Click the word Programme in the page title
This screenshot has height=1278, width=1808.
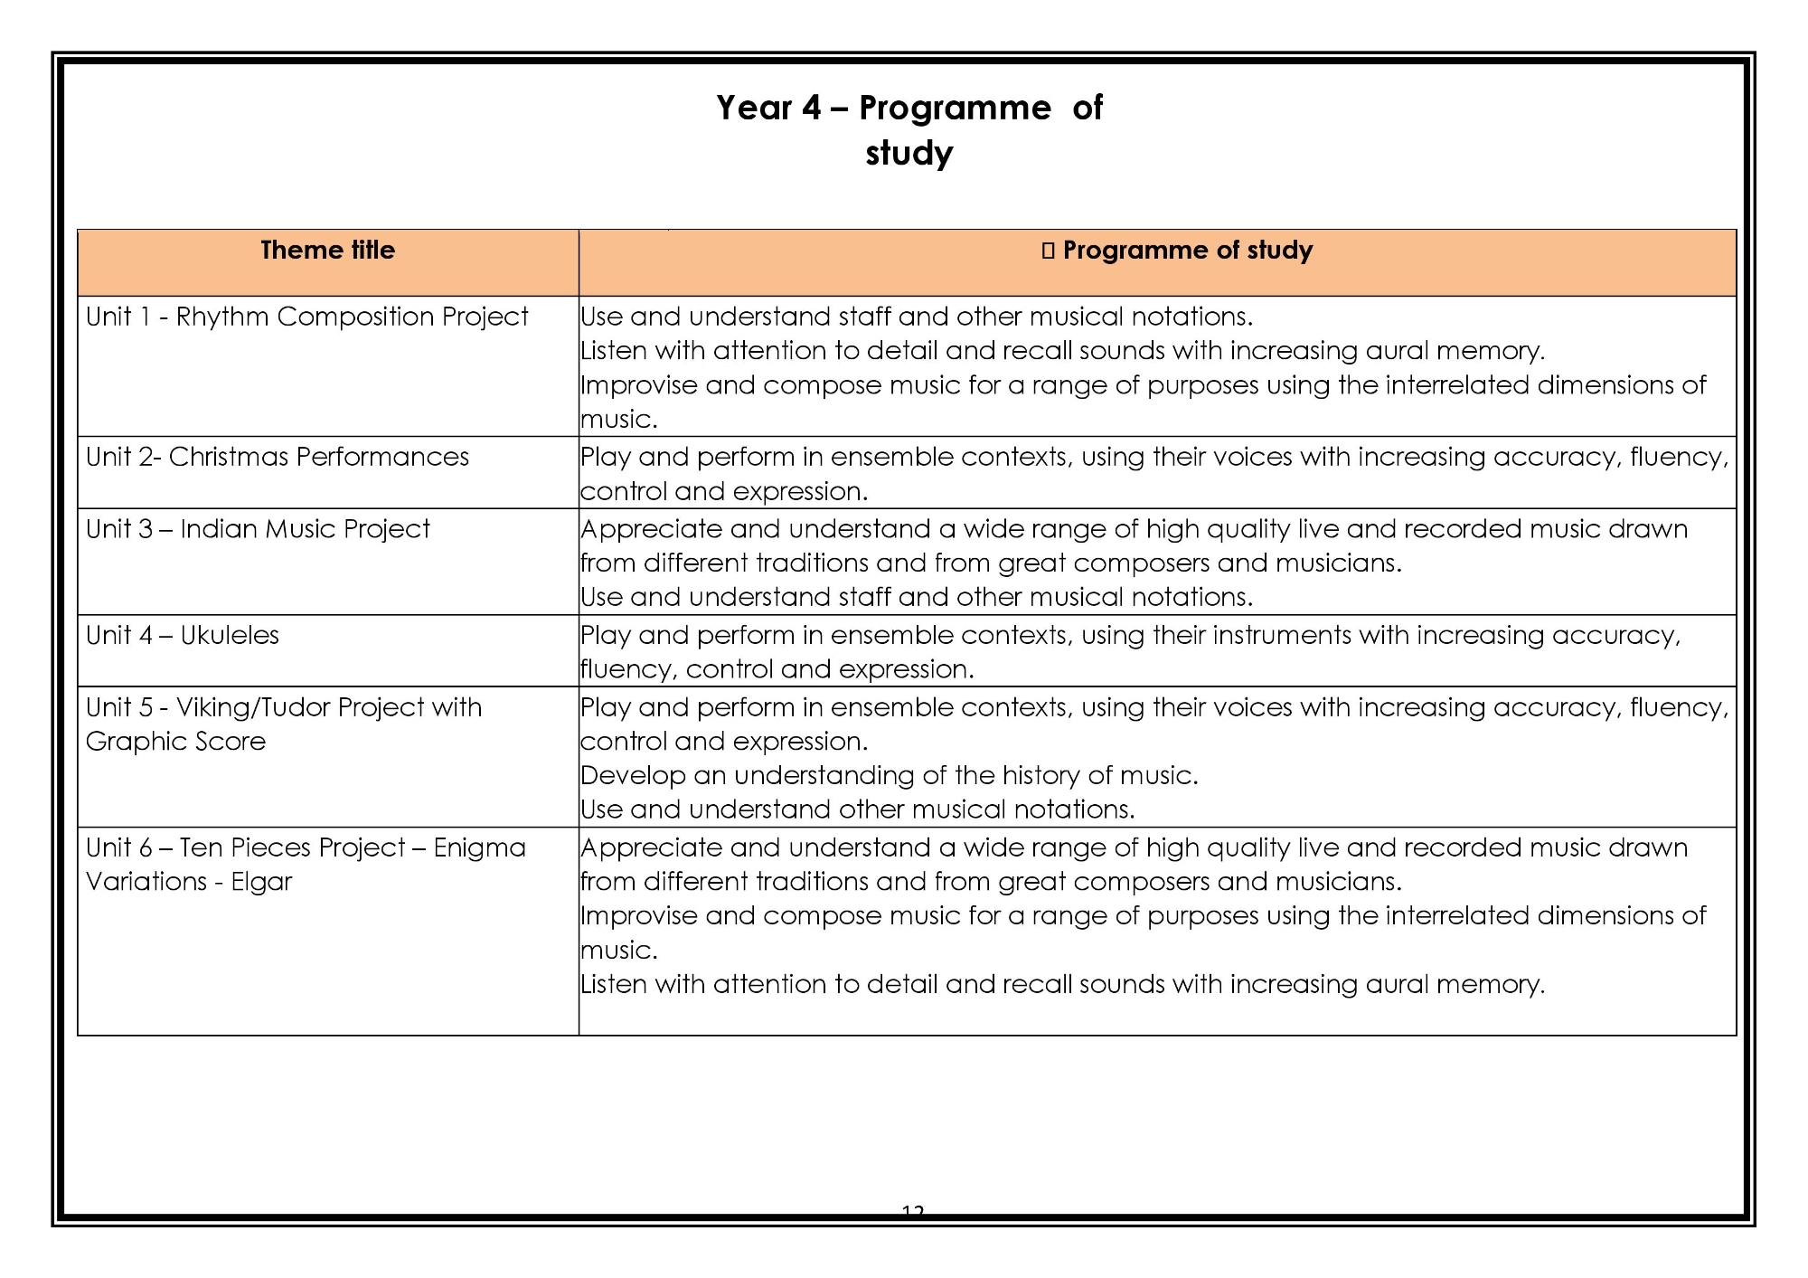pyautogui.click(x=955, y=109)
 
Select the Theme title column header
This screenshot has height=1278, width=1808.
pyautogui.click(x=327, y=251)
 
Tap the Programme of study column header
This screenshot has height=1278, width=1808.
pyautogui.click(x=1187, y=251)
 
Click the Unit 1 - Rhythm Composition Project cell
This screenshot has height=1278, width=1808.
pyautogui.click(x=306, y=317)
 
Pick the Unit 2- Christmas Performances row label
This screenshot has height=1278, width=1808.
pyautogui.click(x=277, y=457)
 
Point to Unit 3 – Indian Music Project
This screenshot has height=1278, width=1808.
pyautogui.click(x=258, y=529)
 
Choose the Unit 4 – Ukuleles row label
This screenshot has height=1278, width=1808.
pyautogui.click(x=182, y=635)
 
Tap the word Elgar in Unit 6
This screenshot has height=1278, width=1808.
pyautogui.click(x=261, y=882)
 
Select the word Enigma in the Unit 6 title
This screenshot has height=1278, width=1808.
pyautogui.click(x=479, y=847)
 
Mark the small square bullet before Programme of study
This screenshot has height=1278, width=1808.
pyautogui.click(x=1048, y=251)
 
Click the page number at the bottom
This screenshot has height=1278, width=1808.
pyautogui.click(x=913, y=1210)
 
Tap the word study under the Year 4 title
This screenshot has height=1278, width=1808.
pyautogui.click(x=909, y=154)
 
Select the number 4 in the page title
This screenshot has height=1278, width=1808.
pyautogui.click(x=811, y=109)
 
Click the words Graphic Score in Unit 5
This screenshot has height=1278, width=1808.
pyautogui.click(x=175, y=742)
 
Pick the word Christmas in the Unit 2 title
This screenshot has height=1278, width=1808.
pyautogui.click(x=228, y=457)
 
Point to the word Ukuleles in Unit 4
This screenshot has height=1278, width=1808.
pyautogui.click(x=230, y=635)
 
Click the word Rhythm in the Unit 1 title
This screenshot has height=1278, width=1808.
pyautogui.click(x=222, y=317)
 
